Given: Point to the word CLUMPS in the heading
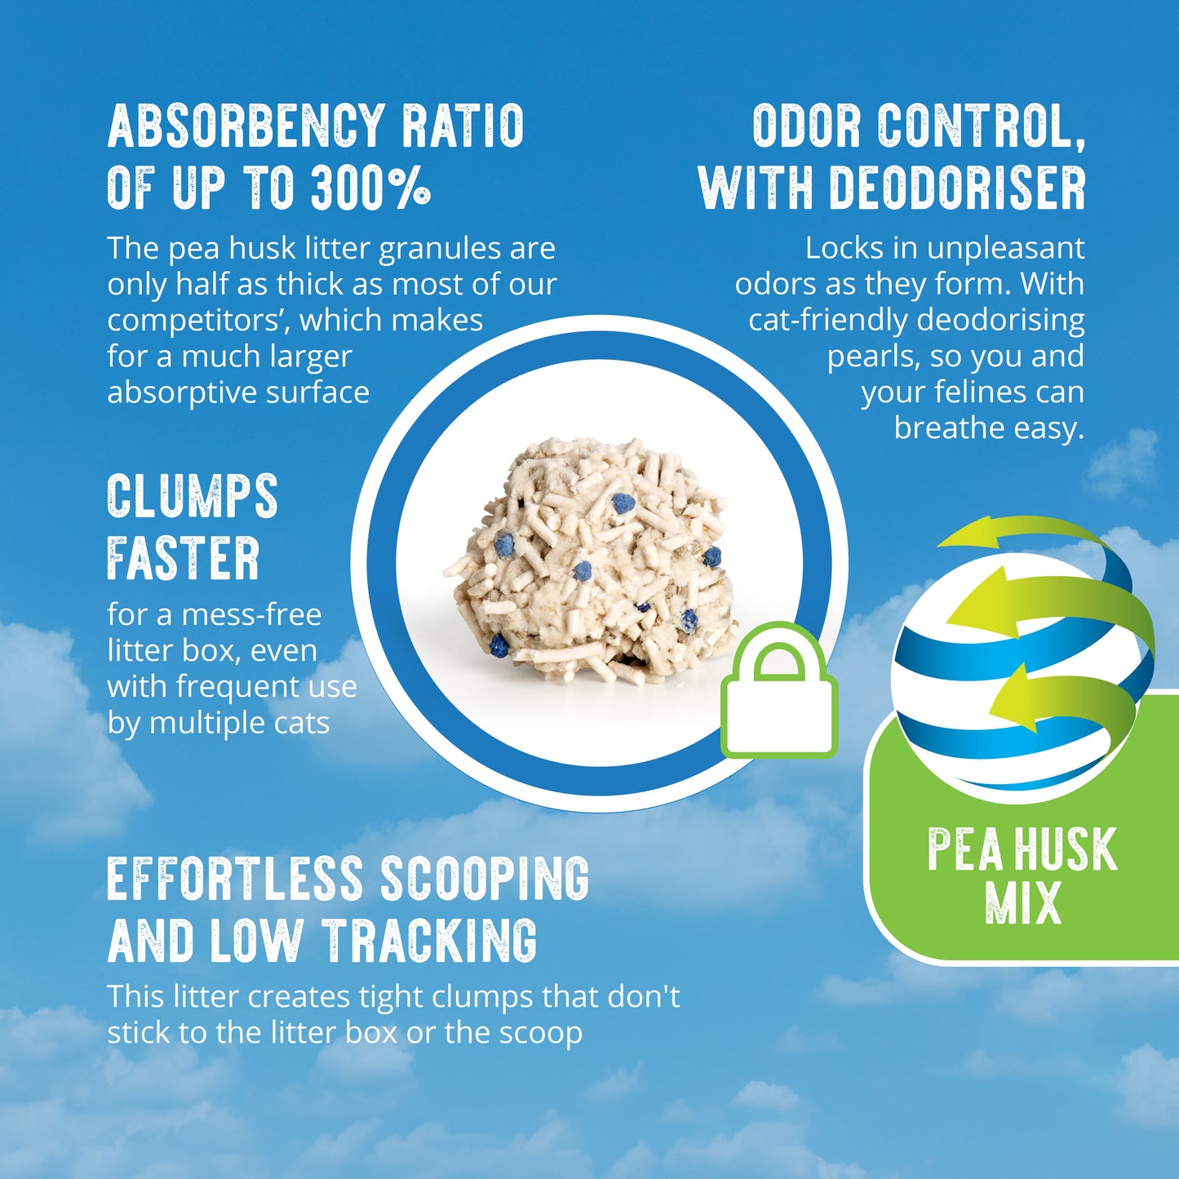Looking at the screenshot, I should tap(193, 496).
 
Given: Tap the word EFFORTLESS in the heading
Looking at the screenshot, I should tap(234, 879).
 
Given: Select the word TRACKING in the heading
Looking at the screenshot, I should tap(429, 941).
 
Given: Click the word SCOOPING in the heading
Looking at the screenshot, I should tap(485, 879).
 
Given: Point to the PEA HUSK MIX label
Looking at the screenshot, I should tap(1022, 875).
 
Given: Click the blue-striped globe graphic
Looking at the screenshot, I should tap(1012, 669).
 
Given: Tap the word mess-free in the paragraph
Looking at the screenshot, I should tap(251, 614).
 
